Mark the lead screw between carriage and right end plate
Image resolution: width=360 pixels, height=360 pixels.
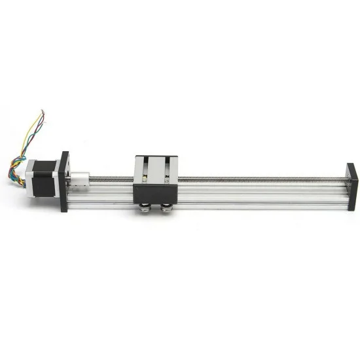tap(262, 177)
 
